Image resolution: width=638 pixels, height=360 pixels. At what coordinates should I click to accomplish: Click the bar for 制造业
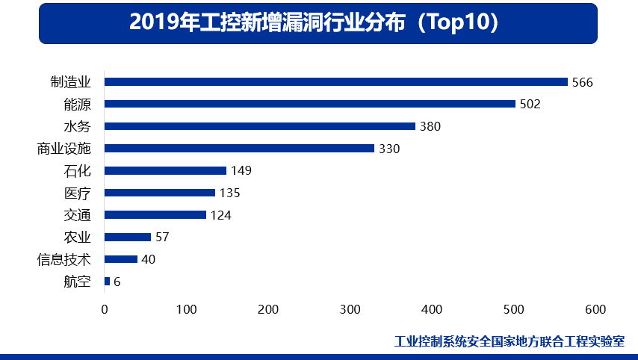point(336,82)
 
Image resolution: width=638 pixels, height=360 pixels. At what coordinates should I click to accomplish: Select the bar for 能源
point(310,104)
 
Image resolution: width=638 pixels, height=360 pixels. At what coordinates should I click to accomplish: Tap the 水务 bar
point(260,126)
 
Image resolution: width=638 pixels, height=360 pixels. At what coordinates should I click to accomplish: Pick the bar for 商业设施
point(239,149)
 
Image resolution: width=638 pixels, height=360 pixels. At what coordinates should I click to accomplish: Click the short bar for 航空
point(107,282)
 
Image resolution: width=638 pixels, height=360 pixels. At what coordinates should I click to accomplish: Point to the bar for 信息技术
point(121,259)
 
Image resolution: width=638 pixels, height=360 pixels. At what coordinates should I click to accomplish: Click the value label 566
point(582,82)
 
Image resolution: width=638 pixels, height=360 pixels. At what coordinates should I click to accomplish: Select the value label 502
point(530,104)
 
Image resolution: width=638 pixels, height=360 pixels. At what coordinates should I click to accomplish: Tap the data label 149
point(241,170)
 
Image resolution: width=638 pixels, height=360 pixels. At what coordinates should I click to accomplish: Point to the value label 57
point(161,238)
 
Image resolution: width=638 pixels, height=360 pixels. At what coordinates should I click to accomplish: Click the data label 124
point(220,215)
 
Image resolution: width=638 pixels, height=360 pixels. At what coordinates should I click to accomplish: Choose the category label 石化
point(78,170)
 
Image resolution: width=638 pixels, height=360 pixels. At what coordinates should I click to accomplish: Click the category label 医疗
point(78,193)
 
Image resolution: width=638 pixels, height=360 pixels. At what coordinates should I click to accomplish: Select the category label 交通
point(78,215)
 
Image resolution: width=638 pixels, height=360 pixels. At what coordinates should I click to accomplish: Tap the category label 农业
point(78,238)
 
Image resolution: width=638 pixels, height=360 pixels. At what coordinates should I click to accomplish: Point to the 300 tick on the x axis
point(350,309)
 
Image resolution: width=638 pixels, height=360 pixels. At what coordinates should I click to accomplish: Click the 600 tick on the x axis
point(595,309)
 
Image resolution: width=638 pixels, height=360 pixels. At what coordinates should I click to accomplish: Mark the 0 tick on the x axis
point(105,309)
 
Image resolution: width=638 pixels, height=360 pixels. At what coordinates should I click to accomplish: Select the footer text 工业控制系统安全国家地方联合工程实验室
point(510,341)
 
